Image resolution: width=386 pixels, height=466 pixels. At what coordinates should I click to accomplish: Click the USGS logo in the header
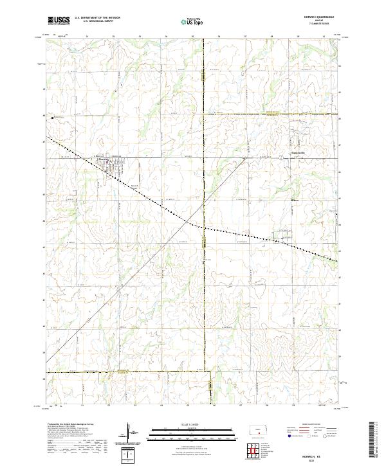point(59,21)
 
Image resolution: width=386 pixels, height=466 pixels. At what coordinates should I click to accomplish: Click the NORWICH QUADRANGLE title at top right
point(320,17)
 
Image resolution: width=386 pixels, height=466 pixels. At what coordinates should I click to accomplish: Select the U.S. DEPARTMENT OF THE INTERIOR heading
point(97,17)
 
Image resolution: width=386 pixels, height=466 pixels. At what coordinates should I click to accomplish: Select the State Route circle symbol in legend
point(336,436)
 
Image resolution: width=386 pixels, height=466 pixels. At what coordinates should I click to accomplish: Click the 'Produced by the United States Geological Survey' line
point(71,425)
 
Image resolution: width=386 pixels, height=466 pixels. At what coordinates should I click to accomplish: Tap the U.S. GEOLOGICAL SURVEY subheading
point(97,21)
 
